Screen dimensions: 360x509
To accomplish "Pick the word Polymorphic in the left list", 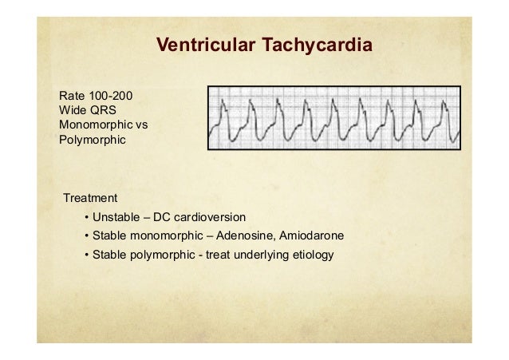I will (81, 141).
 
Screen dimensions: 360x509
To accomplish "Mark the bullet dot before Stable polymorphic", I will (85, 255).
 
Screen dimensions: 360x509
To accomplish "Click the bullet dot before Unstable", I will (85, 217).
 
